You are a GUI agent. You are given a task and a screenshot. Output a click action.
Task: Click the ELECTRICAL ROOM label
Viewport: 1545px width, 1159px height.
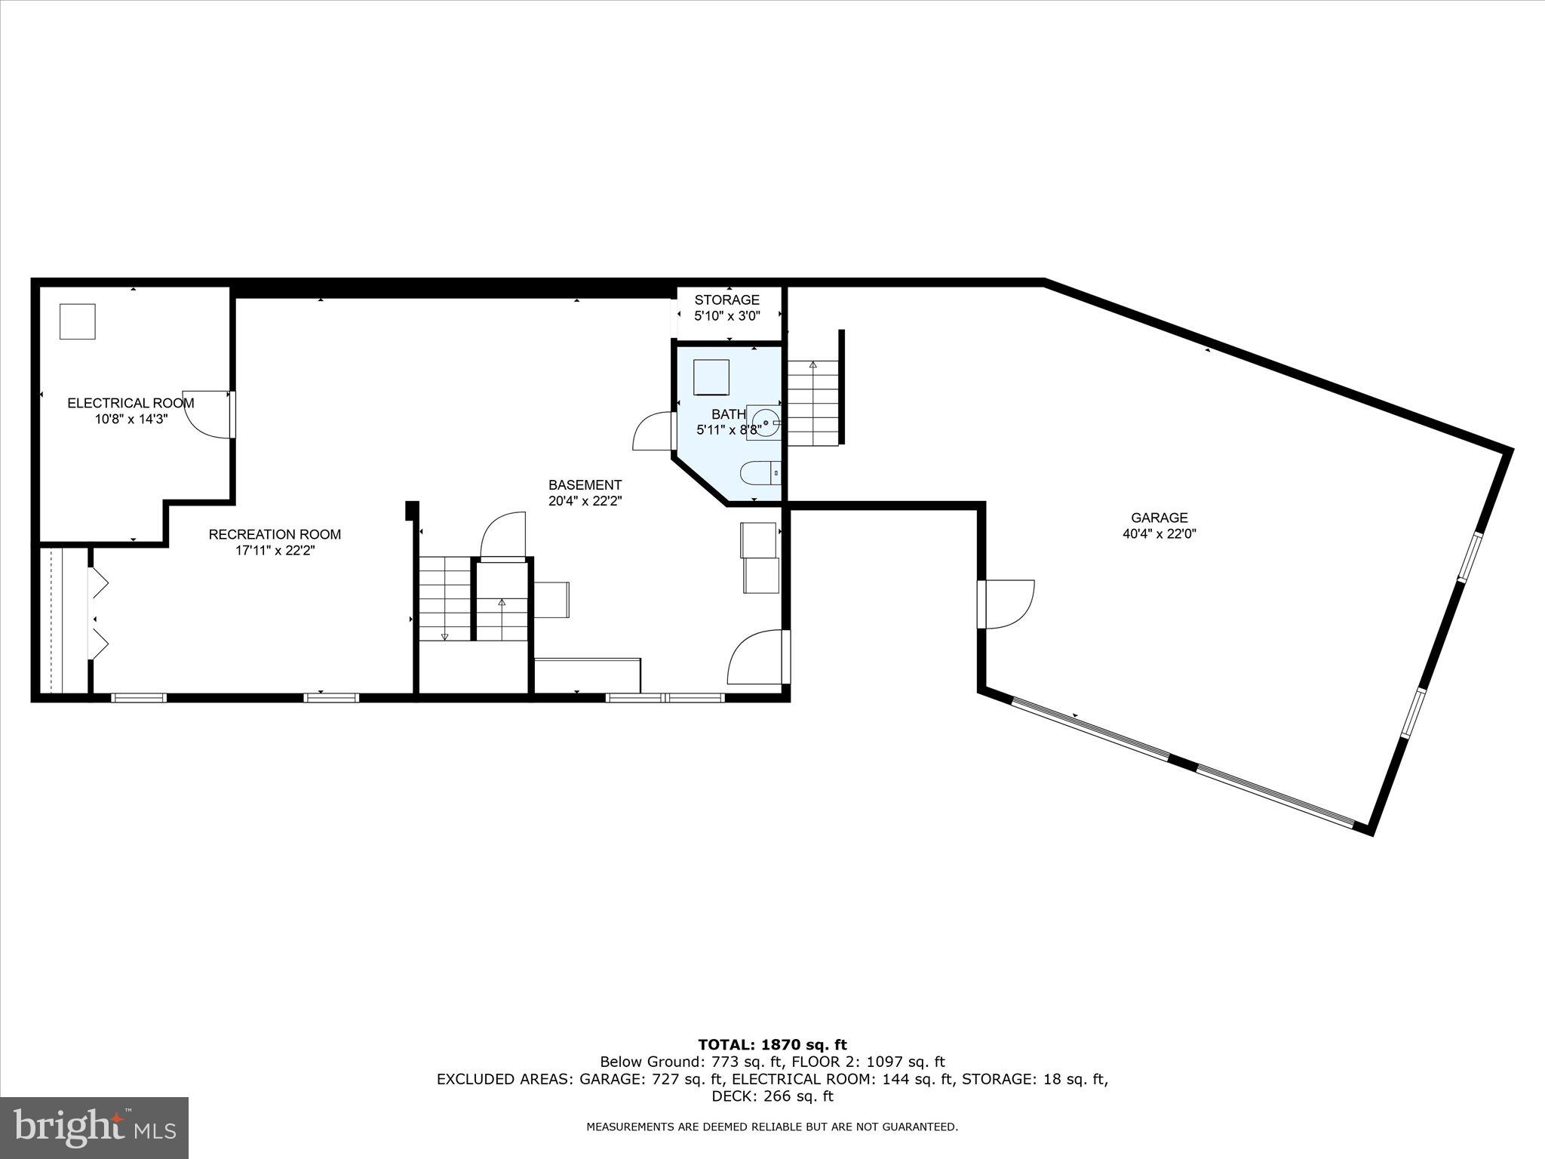131,403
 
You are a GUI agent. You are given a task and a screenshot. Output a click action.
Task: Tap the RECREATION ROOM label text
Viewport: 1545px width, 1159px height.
275,535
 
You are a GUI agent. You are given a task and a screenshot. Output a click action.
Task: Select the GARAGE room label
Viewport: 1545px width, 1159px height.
1159,518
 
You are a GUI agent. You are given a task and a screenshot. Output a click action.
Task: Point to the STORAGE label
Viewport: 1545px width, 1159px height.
726,300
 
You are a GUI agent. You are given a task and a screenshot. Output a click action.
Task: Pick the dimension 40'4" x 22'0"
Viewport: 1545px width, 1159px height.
1159,533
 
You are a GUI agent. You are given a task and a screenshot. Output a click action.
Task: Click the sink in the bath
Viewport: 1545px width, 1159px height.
766,422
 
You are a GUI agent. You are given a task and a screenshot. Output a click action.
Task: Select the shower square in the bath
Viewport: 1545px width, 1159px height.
711,377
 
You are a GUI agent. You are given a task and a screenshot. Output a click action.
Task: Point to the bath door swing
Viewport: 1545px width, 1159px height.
653,432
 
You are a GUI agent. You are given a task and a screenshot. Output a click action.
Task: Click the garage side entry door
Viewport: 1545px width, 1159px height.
1007,604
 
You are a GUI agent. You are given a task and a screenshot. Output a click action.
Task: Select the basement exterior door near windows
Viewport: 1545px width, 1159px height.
757,658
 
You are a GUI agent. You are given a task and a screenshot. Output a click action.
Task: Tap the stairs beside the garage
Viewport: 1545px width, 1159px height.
813,403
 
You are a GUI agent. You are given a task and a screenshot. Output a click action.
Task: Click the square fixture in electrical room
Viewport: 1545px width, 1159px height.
78,321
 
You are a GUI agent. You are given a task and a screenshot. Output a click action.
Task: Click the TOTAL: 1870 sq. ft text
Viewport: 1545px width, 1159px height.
772,1045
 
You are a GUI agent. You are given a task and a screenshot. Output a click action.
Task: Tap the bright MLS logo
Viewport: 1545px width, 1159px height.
94,1127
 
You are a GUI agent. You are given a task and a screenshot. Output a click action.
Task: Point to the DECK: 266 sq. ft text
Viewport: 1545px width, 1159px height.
772,1096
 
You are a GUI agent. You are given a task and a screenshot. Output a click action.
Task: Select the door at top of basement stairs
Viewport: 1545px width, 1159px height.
503,536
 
